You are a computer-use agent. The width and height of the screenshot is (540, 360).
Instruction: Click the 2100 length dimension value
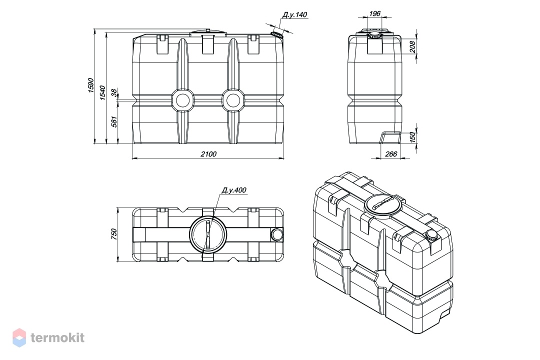(x=208, y=154)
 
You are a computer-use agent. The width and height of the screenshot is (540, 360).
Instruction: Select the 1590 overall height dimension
(x=91, y=85)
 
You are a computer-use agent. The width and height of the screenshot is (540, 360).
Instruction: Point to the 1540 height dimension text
(x=102, y=93)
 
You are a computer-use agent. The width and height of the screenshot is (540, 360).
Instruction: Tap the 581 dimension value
(x=114, y=121)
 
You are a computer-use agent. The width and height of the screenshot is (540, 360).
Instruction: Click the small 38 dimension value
(x=114, y=92)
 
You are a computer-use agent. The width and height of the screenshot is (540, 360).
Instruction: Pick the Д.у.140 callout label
(x=295, y=15)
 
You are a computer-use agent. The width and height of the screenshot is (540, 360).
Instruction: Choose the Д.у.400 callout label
(x=234, y=190)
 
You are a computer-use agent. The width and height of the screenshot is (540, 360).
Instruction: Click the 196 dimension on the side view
(x=374, y=13)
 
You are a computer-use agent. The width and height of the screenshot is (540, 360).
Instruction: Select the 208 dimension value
(x=412, y=46)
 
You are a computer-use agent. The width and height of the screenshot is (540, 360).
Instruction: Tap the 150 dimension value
(x=412, y=137)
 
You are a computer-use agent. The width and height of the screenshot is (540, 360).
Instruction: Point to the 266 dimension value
(x=391, y=154)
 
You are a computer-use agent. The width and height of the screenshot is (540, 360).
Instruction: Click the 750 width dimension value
(x=114, y=234)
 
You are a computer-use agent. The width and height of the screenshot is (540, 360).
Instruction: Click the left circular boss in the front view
(x=183, y=100)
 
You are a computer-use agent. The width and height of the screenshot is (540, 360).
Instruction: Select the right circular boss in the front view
(x=233, y=100)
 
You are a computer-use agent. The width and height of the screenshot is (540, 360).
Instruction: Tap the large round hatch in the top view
(x=208, y=234)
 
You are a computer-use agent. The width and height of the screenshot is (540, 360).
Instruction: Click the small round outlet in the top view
(x=276, y=234)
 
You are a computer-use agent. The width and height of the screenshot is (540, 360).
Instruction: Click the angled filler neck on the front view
(x=276, y=35)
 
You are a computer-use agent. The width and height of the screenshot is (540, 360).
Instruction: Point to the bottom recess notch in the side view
(x=390, y=137)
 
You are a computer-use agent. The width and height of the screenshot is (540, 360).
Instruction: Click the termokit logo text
(x=57, y=337)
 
